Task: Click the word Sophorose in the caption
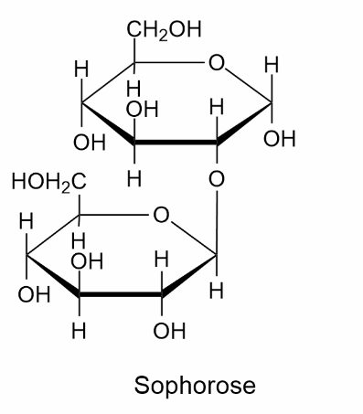[195, 386]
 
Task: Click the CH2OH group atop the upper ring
[164, 30]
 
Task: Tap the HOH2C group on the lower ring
[49, 182]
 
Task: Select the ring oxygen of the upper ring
[217, 63]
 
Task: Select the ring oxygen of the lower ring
[161, 215]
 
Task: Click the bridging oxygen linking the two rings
[217, 179]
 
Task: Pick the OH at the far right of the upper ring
[280, 139]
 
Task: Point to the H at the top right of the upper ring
[272, 65]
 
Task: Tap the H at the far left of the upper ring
[81, 69]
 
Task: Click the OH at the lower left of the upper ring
[90, 143]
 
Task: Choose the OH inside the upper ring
[143, 110]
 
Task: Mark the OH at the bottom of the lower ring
[169, 332]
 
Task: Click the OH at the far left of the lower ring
[34, 295]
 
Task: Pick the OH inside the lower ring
[87, 261]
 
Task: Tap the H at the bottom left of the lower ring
[79, 331]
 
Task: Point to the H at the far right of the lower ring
[217, 291]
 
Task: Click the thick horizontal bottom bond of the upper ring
[176, 143]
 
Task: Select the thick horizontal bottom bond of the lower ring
[121, 294]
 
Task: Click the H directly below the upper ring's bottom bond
[134, 178]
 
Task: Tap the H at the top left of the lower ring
[26, 221]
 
